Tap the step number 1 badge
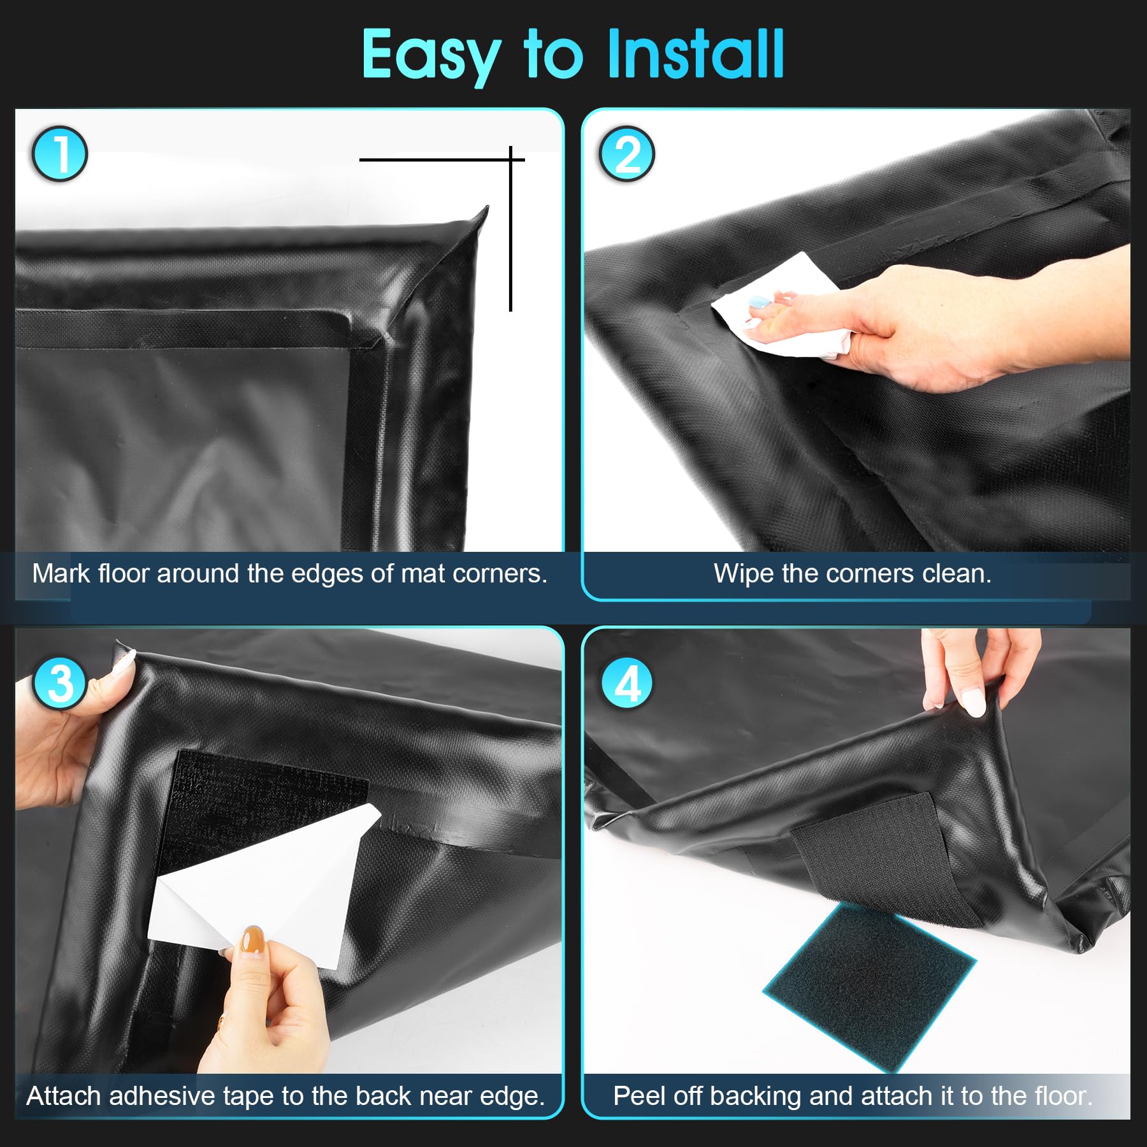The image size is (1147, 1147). (x=60, y=154)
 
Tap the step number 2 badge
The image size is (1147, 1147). (x=627, y=154)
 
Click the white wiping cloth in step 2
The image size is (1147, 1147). (x=784, y=306)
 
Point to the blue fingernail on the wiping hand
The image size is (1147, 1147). (x=758, y=303)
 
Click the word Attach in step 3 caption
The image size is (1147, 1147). (x=64, y=1096)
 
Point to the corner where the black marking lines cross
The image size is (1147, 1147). (x=510, y=159)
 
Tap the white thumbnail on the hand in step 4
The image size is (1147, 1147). (x=973, y=702)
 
